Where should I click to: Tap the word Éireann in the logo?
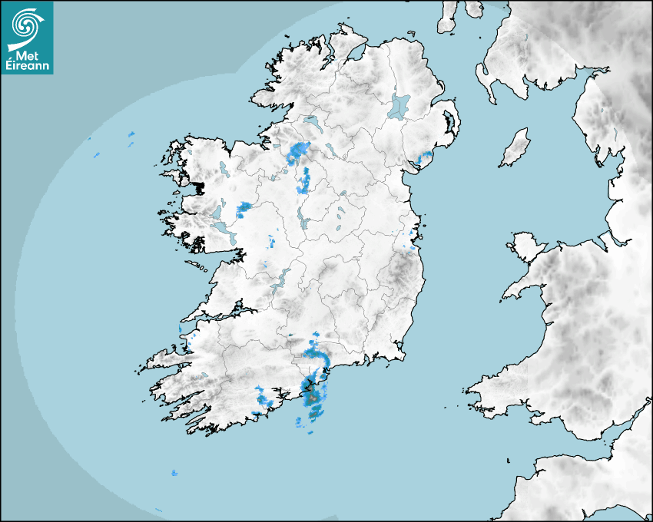coord(27,67)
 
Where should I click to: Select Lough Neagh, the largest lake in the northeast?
coord(399,105)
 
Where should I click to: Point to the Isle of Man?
coord(515,148)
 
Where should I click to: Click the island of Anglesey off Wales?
coord(526,245)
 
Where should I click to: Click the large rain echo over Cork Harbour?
coord(313,395)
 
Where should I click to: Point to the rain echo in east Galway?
coord(244,206)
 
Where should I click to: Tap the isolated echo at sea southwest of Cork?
coord(174,472)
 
